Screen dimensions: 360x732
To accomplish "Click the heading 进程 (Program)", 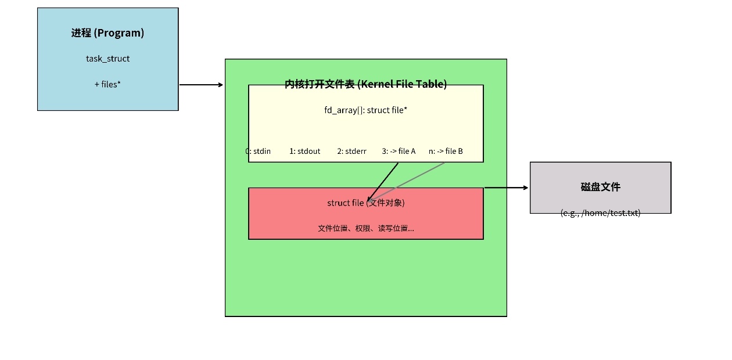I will coord(107,33).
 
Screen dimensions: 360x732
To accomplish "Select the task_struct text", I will coord(107,59).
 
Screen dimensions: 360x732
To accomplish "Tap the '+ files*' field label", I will coord(107,84).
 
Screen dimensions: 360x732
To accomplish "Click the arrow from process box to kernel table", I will coord(201,85).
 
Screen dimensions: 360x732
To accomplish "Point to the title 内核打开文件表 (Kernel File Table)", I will coord(365,84).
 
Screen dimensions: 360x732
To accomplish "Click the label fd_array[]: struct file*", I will coord(365,110).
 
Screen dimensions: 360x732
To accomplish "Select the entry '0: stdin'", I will coord(258,151).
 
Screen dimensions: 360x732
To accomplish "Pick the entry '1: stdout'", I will coord(304,151).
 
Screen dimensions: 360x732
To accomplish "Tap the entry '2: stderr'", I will coord(351,151).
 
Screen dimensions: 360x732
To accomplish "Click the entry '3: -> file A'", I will coord(399,151).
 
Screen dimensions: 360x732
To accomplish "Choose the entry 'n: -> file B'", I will coord(446,151).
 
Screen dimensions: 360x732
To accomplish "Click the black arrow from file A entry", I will coord(384,181).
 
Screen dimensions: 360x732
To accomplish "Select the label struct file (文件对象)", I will coord(365,203).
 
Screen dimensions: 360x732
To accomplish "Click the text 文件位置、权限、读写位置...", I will coord(365,228).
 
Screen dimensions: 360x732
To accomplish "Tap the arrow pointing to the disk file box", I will coord(506,188).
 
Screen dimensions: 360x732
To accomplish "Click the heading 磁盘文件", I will coord(600,187).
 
